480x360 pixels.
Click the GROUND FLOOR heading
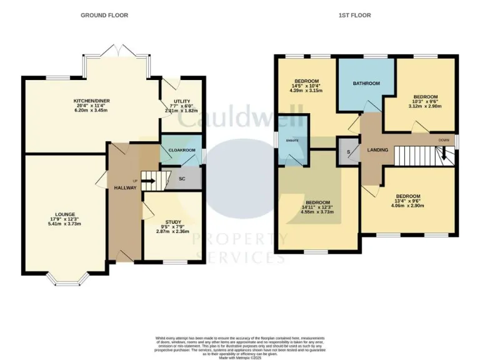pos(104,15)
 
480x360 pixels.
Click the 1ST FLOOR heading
pos(366,15)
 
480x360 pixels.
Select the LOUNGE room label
pos(65,214)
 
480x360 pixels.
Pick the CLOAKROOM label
pos(182,151)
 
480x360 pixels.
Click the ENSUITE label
pos(292,141)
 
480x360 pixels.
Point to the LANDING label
pos(377,150)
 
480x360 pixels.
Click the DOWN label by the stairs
pos(444,140)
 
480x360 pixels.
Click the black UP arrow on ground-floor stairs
pos(147,182)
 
